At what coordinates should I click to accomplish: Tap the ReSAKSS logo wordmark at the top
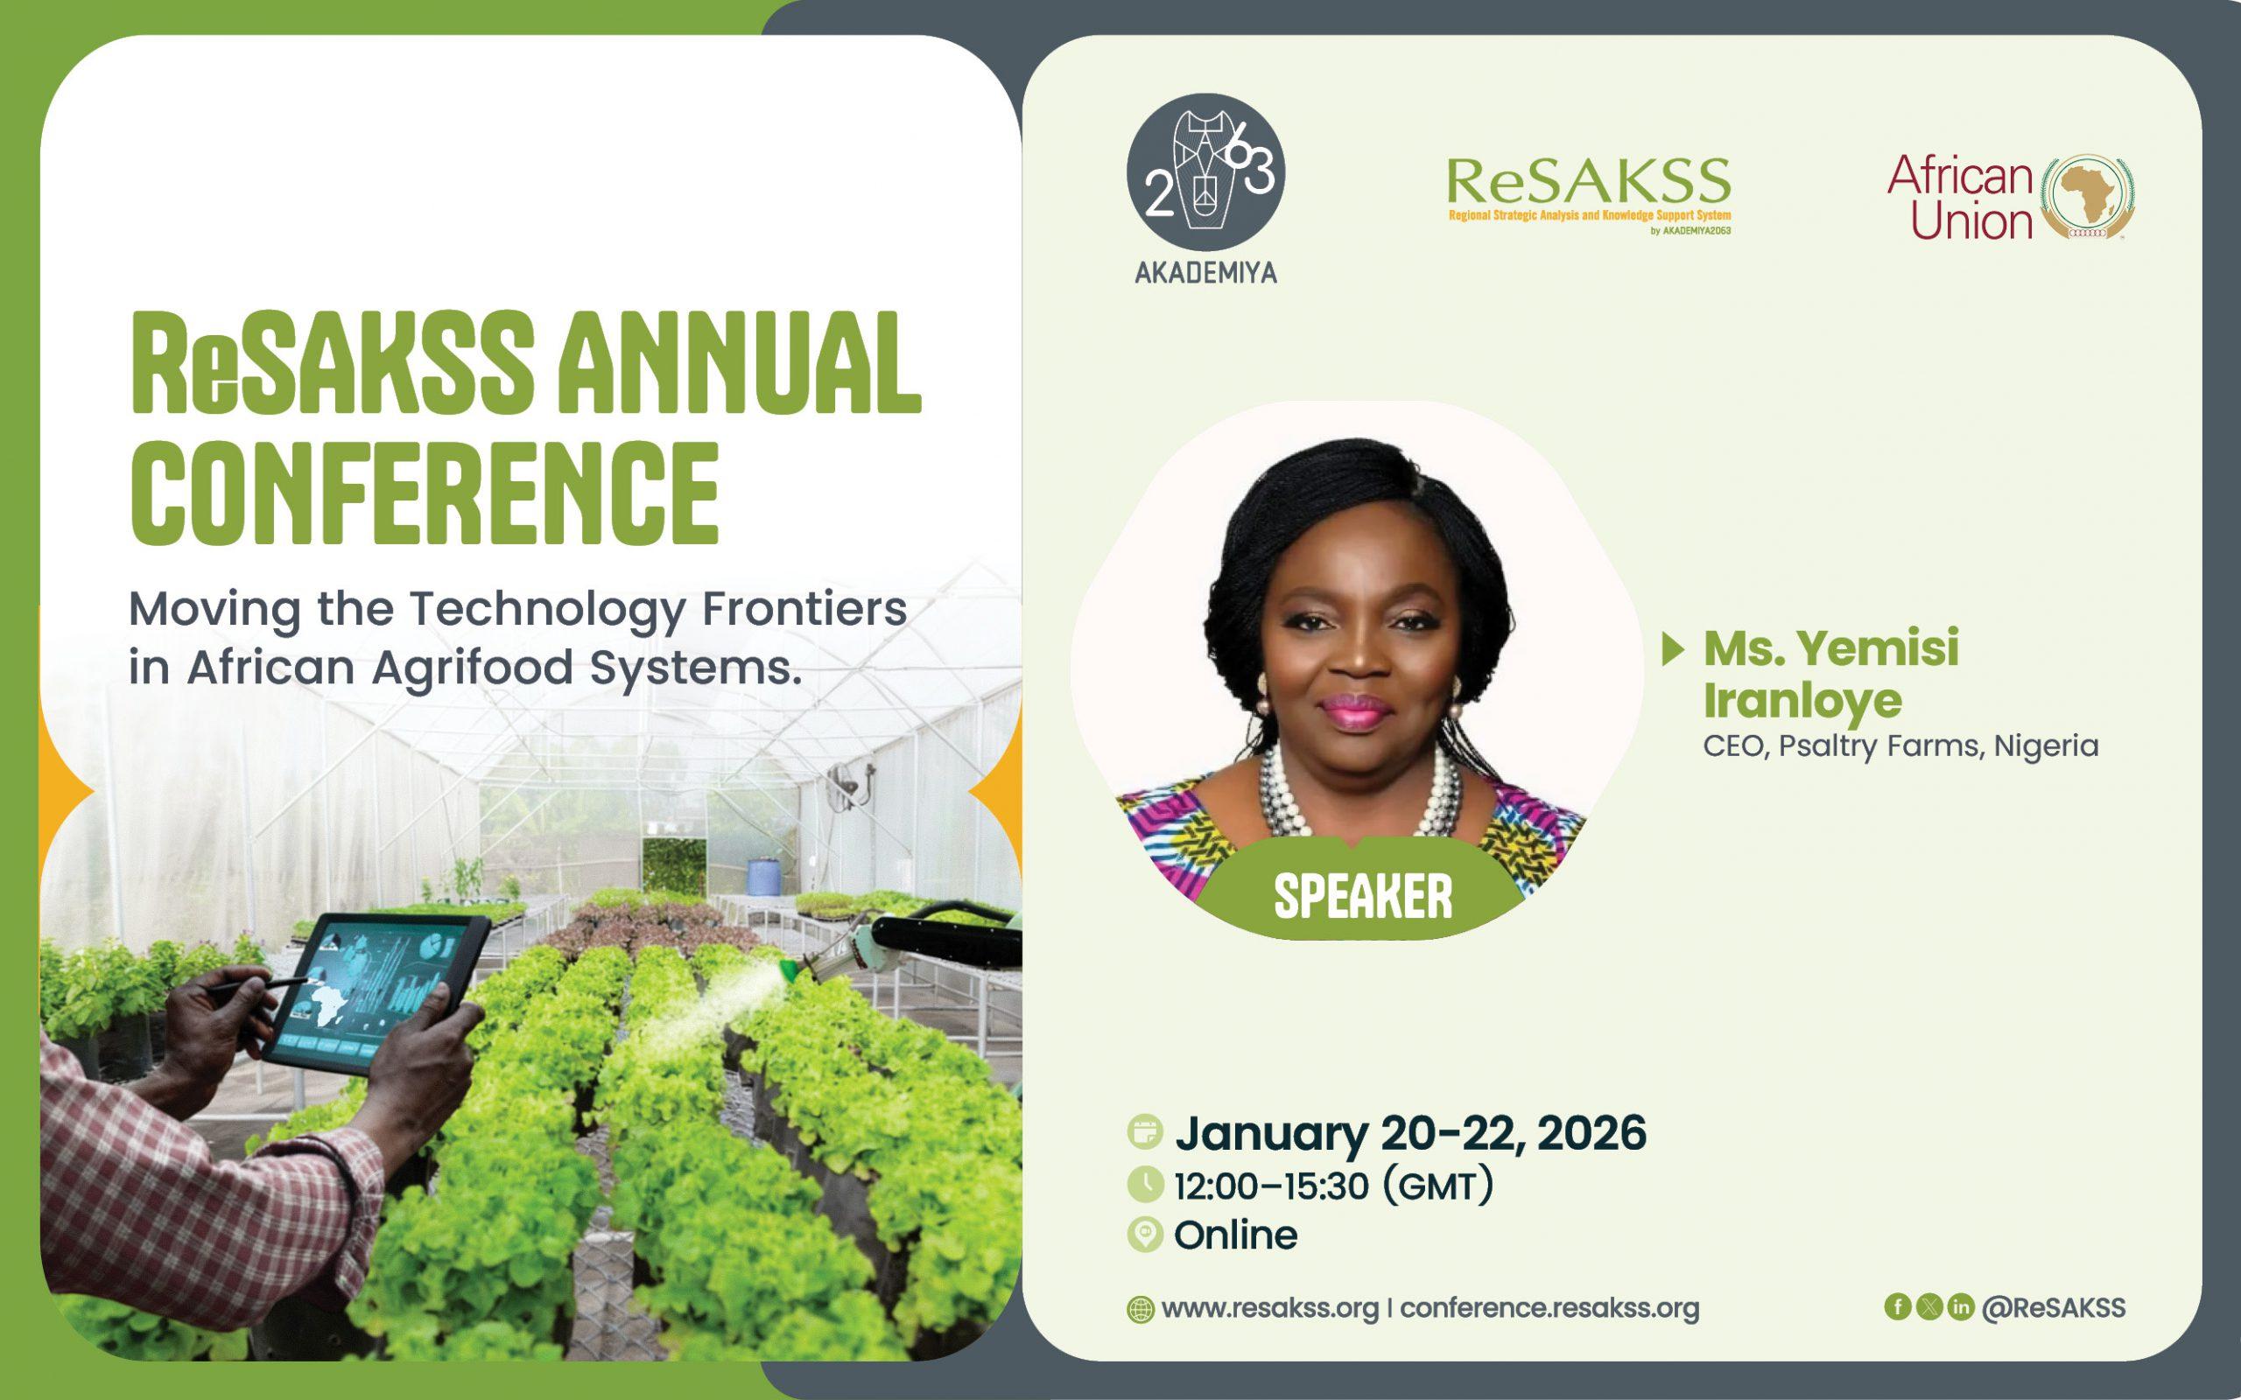tap(1588, 181)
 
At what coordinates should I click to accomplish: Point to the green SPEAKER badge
tap(1362, 895)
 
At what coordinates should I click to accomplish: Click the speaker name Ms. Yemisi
tap(1830, 648)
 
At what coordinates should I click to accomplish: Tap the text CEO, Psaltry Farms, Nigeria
tap(1900, 746)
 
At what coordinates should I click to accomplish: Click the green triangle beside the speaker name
tap(1672, 649)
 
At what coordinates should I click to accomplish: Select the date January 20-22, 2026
tap(1409, 1133)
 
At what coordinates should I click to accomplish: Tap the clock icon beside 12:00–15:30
tap(1145, 1184)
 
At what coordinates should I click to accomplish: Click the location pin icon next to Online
tap(1145, 1235)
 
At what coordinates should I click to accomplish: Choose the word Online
tap(1235, 1235)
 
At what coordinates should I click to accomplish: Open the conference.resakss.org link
tap(1549, 1308)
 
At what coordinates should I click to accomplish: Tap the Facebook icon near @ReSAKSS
tap(1898, 1306)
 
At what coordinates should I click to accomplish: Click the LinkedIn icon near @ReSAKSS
tap(1960, 1306)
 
